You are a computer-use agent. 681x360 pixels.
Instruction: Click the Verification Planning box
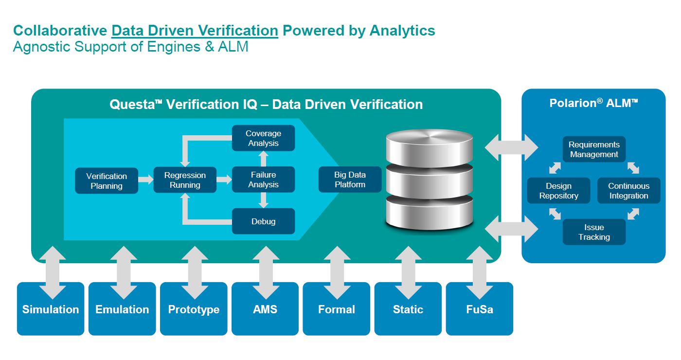pos(107,181)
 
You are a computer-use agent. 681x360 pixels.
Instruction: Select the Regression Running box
pos(185,180)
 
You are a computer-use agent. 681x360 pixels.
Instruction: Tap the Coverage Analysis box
pos(263,138)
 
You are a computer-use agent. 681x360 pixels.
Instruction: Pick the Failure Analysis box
pos(263,180)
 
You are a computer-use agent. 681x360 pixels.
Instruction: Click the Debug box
pos(263,221)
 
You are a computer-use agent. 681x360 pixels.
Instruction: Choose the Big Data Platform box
pos(350,180)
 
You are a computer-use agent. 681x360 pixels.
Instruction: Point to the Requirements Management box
pos(594,149)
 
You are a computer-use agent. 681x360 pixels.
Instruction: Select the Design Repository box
pos(558,191)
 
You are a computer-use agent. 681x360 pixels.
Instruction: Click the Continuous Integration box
pos(628,191)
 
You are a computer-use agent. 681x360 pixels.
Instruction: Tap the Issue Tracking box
pos(594,232)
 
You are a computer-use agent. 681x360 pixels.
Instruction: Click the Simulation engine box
pos(51,309)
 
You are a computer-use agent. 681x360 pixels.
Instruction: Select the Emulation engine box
pos(122,309)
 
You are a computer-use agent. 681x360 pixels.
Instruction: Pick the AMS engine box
pos(265,309)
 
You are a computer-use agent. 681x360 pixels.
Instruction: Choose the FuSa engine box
pos(479,309)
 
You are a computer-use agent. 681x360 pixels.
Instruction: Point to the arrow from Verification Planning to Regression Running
pos(145,180)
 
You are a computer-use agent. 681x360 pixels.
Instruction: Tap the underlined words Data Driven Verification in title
pos(195,31)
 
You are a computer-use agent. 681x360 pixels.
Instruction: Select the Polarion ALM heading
pos(593,103)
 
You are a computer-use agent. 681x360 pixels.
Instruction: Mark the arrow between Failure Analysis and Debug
pos(263,200)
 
